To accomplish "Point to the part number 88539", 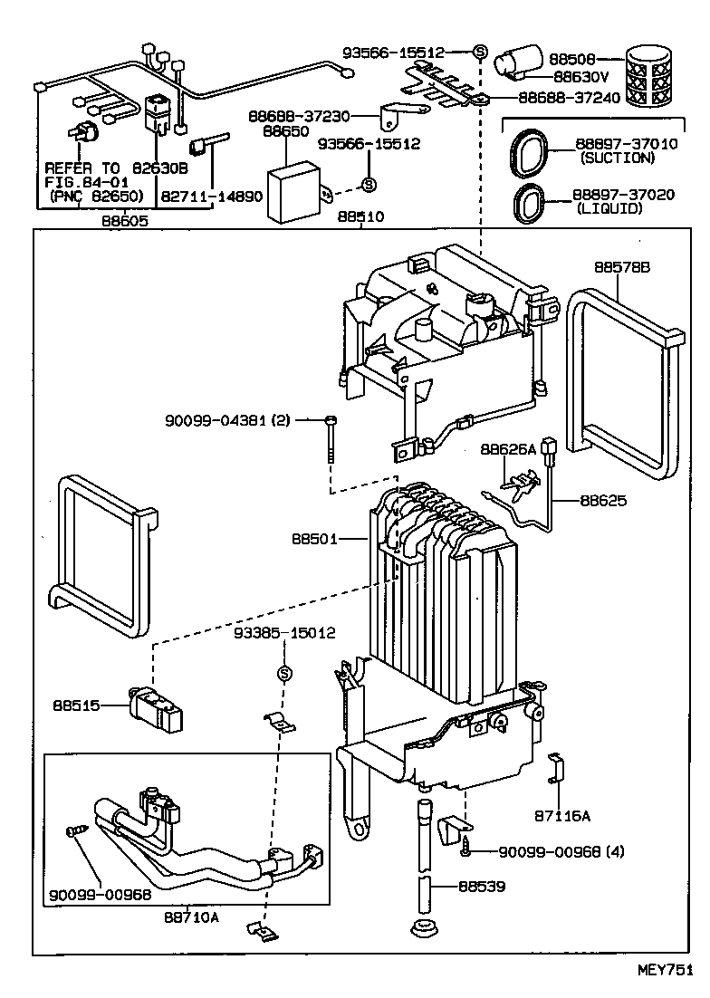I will tap(481, 887).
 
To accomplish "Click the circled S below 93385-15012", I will tap(283, 673).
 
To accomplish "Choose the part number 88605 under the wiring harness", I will tap(124, 220).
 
